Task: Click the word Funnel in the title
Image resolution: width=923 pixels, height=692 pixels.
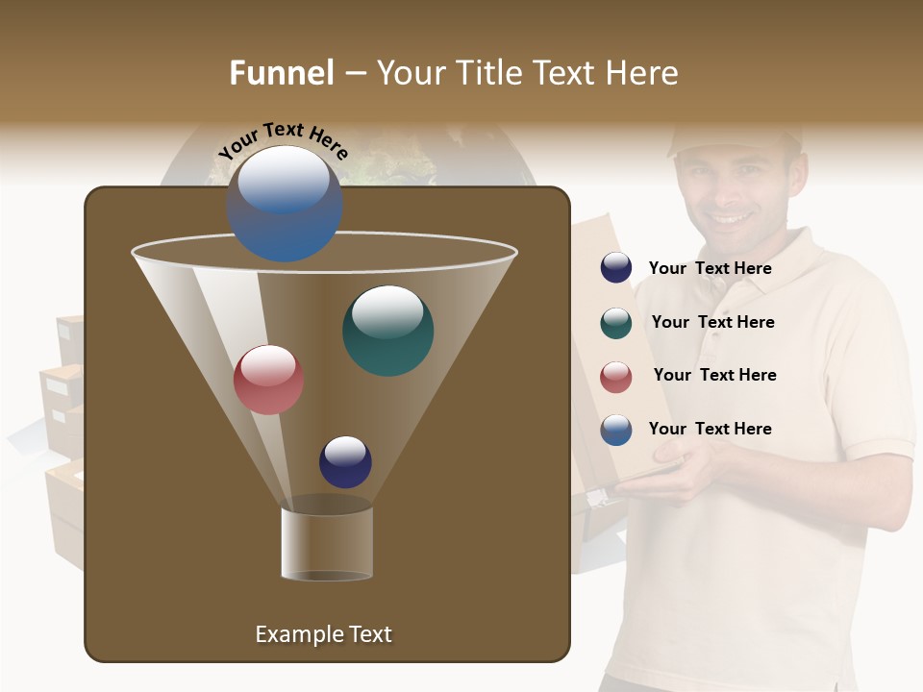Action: click(x=281, y=73)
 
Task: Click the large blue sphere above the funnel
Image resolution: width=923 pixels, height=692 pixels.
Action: click(x=284, y=203)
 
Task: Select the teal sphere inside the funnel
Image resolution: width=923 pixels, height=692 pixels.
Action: click(x=387, y=331)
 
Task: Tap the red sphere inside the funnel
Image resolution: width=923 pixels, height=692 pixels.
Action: click(x=268, y=380)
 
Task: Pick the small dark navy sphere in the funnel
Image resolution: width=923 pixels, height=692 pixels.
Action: click(x=345, y=461)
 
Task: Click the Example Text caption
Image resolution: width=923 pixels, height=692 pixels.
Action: click(x=323, y=634)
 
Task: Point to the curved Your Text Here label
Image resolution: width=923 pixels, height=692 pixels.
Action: click(x=283, y=139)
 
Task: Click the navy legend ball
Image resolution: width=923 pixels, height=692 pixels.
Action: click(x=616, y=268)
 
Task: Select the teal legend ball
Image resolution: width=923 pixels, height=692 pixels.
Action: click(x=616, y=323)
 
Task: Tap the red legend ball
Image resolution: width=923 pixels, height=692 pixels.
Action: click(x=616, y=377)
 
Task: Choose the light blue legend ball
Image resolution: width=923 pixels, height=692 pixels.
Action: click(x=616, y=430)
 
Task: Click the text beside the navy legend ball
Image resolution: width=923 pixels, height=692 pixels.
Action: click(x=710, y=269)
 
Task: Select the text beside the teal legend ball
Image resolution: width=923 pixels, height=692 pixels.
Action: click(x=712, y=322)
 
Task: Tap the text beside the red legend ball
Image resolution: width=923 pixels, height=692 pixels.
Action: click(x=714, y=375)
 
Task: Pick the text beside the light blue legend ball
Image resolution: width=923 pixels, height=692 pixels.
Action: click(x=710, y=429)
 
